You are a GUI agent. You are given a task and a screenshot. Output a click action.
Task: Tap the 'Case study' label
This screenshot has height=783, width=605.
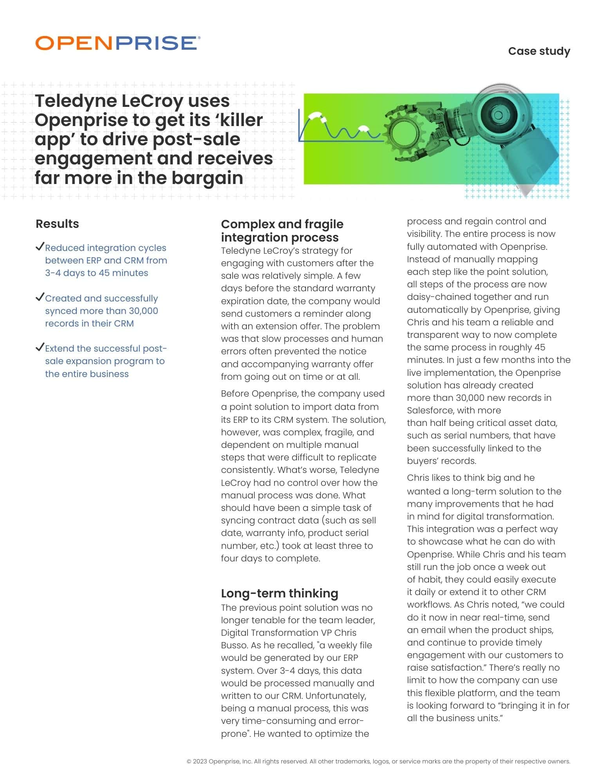(x=539, y=51)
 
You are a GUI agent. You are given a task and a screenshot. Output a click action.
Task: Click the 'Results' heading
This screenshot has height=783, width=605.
(x=57, y=224)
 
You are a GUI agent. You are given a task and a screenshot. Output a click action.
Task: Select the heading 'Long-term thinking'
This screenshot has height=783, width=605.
(x=279, y=593)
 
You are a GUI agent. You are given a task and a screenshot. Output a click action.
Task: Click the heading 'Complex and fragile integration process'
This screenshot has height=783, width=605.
(x=282, y=231)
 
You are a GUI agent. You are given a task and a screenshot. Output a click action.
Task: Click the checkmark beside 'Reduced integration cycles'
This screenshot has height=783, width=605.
(x=40, y=247)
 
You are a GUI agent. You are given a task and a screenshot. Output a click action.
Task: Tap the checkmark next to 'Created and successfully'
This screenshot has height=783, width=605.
(x=40, y=297)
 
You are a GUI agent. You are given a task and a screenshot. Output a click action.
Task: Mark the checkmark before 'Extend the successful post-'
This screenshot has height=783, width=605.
(x=40, y=347)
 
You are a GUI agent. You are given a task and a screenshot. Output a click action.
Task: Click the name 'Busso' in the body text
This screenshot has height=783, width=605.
(x=234, y=645)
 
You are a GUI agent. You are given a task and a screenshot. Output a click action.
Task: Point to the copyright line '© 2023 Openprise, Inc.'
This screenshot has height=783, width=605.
(x=219, y=761)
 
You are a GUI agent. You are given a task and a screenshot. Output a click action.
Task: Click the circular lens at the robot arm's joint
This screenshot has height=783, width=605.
(x=497, y=114)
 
